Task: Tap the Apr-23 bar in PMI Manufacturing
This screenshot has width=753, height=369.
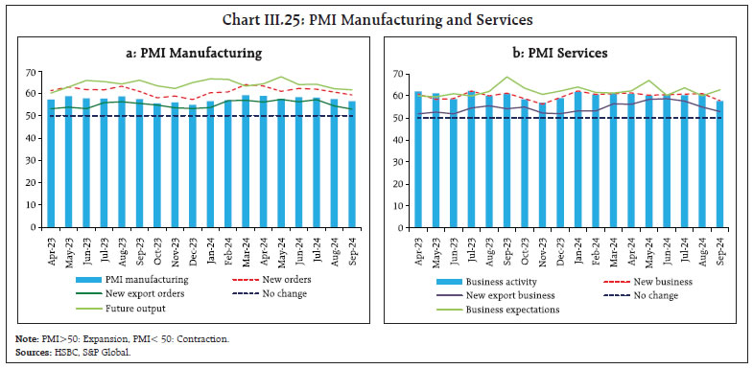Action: [51, 163]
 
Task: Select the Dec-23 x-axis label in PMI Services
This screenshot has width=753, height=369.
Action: [559, 251]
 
